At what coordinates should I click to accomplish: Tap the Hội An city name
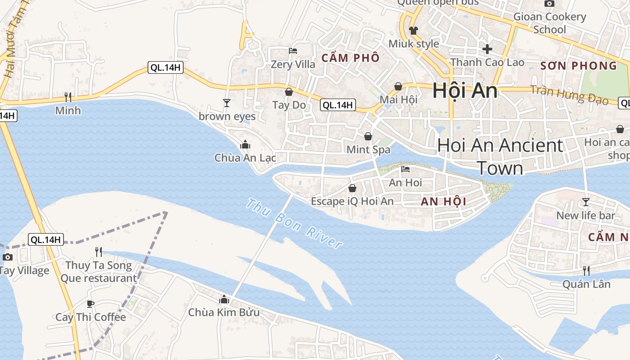click(465, 91)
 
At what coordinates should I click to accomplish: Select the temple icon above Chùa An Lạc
click(245, 144)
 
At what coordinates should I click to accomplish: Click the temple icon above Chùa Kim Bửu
click(224, 299)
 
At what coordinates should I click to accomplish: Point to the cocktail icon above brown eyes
click(227, 103)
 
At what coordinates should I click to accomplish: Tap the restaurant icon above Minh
click(68, 97)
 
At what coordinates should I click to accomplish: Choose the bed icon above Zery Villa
click(293, 51)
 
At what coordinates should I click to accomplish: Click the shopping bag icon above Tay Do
click(289, 92)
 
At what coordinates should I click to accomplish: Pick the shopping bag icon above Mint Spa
click(368, 136)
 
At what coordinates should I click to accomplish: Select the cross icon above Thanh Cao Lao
click(487, 49)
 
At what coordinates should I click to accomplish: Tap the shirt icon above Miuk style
click(414, 31)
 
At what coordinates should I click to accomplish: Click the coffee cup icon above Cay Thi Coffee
click(90, 304)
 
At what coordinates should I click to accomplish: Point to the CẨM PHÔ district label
click(350, 58)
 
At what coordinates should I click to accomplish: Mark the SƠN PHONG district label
click(579, 66)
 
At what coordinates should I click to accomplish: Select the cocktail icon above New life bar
click(585, 202)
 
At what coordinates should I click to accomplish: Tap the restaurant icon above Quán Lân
click(586, 270)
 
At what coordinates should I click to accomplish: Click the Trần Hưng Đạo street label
click(569, 94)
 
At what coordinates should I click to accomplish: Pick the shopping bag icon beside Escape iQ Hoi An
click(352, 188)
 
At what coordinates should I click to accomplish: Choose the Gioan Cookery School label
click(549, 23)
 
